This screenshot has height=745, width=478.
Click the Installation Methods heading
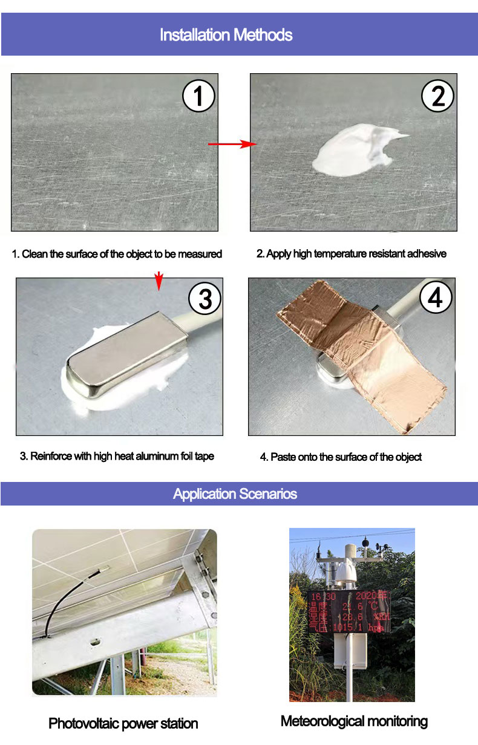[226, 35]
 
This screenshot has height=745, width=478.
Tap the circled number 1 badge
[198, 96]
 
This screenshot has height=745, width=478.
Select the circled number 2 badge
[438, 96]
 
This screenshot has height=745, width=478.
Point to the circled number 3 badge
[205, 299]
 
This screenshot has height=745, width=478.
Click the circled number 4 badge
[436, 298]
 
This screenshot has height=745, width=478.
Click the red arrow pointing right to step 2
[233, 144]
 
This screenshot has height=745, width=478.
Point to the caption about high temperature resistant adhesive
[352, 254]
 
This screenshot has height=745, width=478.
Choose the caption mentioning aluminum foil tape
[117, 456]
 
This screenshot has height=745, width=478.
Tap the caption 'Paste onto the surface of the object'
[341, 457]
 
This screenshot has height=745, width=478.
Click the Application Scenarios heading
[235, 494]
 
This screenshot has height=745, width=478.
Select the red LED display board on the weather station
[349, 611]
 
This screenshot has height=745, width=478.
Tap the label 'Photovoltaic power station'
[123, 723]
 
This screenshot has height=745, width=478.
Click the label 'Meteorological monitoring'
[354, 721]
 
